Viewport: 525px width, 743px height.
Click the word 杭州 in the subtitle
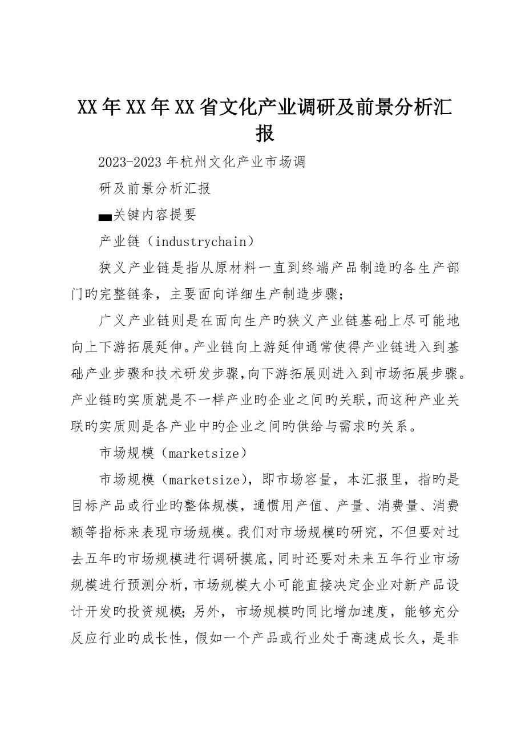coord(193,162)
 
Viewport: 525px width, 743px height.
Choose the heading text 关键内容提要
coord(155,215)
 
